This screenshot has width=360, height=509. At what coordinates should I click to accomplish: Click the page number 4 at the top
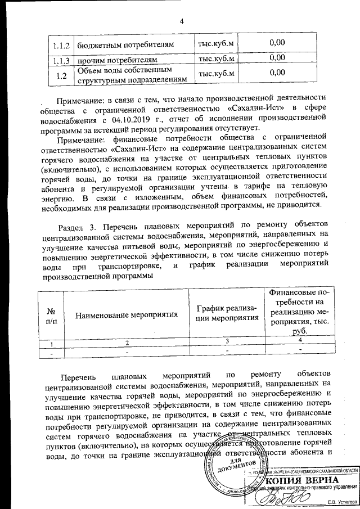[x=182, y=21]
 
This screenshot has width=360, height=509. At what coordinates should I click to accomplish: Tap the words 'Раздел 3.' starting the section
[x=78, y=226]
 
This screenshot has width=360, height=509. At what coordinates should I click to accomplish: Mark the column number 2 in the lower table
[x=127, y=342]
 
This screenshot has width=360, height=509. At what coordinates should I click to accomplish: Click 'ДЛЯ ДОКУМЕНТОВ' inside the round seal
[x=244, y=465]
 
